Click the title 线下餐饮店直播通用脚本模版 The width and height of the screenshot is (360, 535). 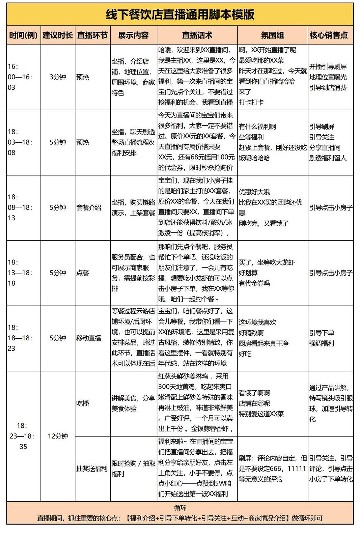click(x=180, y=15)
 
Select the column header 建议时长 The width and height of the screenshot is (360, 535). click(x=58, y=35)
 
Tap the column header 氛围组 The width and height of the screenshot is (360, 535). click(x=272, y=35)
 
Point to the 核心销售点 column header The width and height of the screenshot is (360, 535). click(x=329, y=35)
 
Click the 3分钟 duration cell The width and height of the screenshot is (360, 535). click(x=58, y=77)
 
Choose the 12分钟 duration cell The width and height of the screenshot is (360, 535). click(x=58, y=436)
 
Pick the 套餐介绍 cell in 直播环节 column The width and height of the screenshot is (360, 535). click(x=89, y=207)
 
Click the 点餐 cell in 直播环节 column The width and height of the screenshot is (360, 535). click(x=83, y=273)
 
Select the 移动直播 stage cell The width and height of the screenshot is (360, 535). click(x=89, y=338)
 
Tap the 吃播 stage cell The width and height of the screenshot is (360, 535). click(x=83, y=403)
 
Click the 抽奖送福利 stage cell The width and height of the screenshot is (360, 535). click(x=92, y=469)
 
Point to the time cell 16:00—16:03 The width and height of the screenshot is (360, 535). click(x=20, y=77)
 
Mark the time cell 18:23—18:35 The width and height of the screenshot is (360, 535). click(x=23, y=436)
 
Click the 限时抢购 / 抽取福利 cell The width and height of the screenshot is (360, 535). click(x=133, y=469)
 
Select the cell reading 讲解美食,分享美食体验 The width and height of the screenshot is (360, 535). click(x=133, y=403)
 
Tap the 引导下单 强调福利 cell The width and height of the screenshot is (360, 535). click(x=322, y=338)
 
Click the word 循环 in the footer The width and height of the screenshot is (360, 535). click(x=180, y=508)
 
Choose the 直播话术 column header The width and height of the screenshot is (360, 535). click(x=197, y=35)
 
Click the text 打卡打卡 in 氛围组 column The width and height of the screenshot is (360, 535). click(x=251, y=102)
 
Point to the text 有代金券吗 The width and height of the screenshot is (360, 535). click(x=254, y=283)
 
